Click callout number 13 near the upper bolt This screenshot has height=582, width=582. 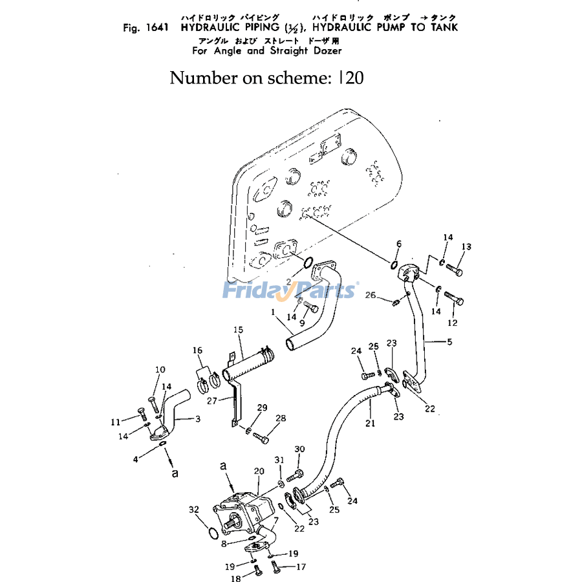pos(466,246)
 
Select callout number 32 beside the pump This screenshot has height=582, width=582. pos(194,510)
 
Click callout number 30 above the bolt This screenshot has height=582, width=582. pos(299,449)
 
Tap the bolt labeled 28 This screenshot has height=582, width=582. pos(260,437)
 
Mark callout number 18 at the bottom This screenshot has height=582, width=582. pos(237,579)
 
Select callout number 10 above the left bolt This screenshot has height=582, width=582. pos(160,370)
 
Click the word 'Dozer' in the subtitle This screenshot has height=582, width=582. pos(326,50)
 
